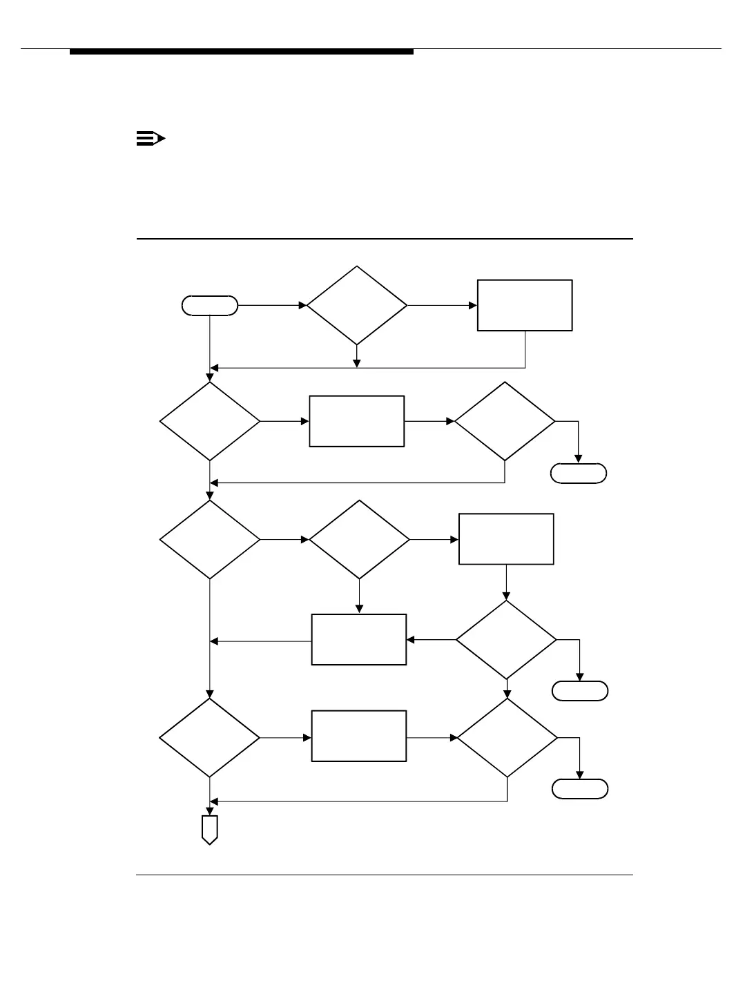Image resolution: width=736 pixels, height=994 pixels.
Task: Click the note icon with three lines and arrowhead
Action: (150, 139)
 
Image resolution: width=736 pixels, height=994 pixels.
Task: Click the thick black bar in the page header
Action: (242, 52)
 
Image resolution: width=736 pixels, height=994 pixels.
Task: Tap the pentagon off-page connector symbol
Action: (209, 829)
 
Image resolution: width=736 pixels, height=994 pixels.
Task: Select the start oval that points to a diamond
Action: (210, 305)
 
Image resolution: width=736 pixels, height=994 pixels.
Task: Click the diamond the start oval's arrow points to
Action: (357, 305)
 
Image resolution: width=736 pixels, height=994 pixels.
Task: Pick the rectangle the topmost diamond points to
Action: (525, 305)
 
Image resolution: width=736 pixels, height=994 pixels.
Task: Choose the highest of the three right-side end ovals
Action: (579, 473)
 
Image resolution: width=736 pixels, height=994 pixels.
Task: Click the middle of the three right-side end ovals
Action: (580, 691)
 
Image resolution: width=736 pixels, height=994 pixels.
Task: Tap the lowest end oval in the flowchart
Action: (580, 789)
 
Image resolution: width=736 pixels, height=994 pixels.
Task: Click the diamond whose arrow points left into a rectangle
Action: (506, 640)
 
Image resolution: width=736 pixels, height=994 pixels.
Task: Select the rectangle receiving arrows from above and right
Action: (359, 640)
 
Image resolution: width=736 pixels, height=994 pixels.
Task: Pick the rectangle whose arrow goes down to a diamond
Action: (506, 539)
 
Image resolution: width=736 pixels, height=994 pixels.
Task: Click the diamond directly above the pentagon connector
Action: (210, 738)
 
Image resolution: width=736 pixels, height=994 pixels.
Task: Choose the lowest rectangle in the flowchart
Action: (359, 737)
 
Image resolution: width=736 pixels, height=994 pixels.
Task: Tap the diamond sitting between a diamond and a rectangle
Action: (359, 539)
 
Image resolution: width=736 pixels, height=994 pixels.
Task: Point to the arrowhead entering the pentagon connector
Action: (209, 810)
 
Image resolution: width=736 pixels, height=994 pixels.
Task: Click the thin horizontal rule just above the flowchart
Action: (384, 239)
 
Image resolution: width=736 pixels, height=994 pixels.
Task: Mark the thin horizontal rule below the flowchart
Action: (384, 875)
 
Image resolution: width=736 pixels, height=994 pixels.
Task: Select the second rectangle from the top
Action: (356, 421)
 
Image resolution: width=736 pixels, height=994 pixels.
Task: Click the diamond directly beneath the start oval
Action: (210, 421)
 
